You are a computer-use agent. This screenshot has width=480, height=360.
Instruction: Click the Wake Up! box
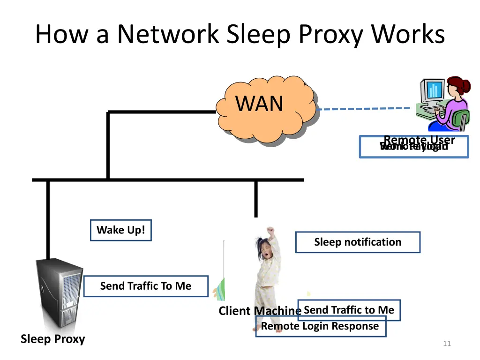pos(121,230)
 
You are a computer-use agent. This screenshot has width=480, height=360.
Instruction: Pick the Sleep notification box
pos(358,242)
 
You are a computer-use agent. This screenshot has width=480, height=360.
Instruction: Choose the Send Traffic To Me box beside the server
pos(145,286)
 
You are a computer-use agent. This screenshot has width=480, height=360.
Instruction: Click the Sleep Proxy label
pos(52,339)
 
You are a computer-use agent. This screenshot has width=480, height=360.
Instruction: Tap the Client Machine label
pos(260,311)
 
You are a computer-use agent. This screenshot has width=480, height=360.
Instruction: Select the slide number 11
pos(447,344)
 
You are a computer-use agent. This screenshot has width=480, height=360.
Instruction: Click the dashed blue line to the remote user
pos(366,109)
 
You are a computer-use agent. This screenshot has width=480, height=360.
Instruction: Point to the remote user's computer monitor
pos(432,92)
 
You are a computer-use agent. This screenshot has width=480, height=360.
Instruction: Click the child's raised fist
pos(270,230)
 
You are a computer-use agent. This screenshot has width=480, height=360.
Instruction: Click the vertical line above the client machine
pos(255,199)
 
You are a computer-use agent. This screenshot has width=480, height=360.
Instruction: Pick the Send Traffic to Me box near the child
pos(349,310)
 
